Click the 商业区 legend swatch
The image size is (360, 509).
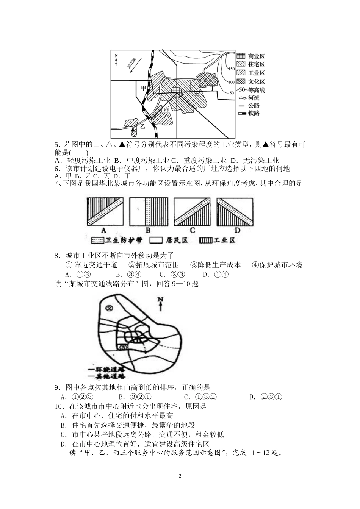point(241,56)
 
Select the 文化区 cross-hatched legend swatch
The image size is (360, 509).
point(241,81)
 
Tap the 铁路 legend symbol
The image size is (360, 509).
point(241,113)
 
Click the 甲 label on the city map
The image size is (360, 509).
point(143,88)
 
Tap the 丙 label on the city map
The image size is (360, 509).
point(166,109)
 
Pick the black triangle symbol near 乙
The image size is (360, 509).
point(132,130)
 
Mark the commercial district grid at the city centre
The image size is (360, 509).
point(177,91)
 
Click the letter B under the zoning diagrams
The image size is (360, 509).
point(148,230)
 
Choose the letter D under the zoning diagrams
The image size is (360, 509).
point(237,230)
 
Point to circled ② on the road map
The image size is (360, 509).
point(110,309)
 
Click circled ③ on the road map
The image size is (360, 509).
point(122,347)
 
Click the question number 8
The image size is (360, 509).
point(57,255)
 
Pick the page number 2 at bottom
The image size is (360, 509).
point(180,476)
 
